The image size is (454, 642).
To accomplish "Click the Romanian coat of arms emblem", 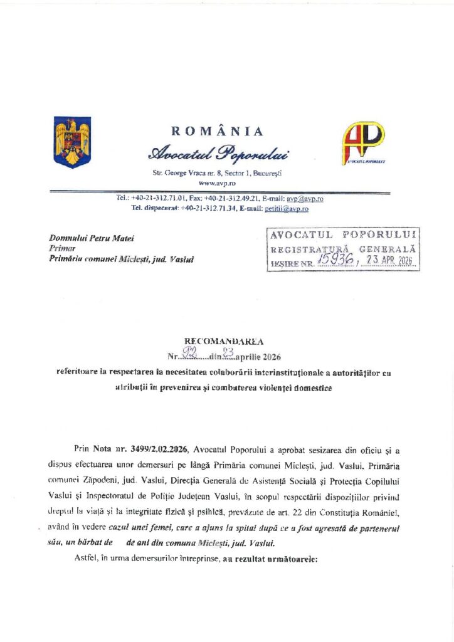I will (x=72, y=142).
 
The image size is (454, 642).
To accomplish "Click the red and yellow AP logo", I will (x=363, y=143).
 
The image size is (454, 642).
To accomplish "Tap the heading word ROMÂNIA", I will (x=217, y=131).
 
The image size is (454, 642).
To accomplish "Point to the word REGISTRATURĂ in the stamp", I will (x=304, y=250).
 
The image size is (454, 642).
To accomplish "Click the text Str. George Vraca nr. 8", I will (x=186, y=172).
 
